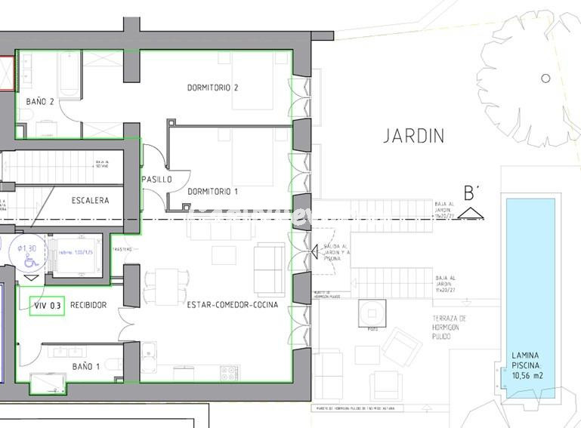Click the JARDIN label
413,136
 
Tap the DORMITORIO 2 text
212,88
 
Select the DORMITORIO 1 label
212,192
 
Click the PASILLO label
156,180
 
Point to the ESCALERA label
90,201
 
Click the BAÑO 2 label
40,101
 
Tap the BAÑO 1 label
86,367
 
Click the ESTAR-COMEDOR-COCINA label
233,305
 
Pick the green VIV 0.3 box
47,306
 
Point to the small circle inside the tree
545,79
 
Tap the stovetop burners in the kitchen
228,373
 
